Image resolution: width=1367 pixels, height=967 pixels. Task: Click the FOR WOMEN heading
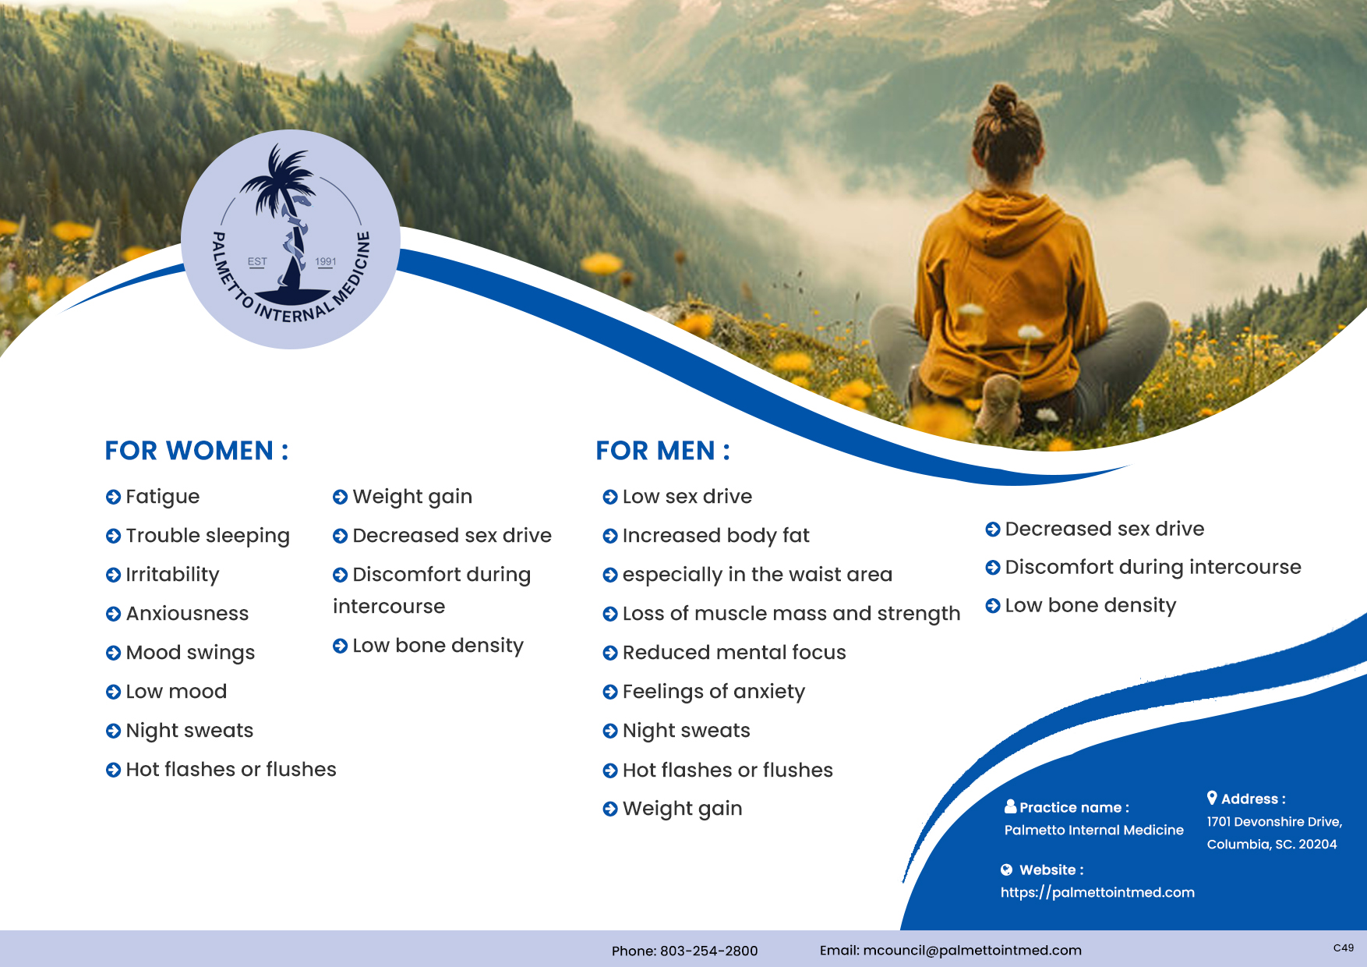pyautogui.click(x=196, y=451)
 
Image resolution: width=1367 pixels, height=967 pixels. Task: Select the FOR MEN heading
pyautogui.click(x=662, y=451)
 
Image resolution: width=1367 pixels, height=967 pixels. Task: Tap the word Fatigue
pyautogui.click(x=163, y=497)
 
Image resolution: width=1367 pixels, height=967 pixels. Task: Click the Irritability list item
pyautogui.click(x=172, y=575)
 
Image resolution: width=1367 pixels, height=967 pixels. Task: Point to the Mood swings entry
pyautogui.click(x=190, y=653)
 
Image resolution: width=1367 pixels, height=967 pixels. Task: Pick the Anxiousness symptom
pyautogui.click(x=187, y=614)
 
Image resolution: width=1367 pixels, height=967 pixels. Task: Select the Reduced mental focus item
pyautogui.click(x=734, y=653)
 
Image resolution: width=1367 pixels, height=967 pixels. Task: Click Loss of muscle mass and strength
pyautogui.click(x=791, y=614)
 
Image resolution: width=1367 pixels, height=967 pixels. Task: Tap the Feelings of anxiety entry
pyautogui.click(x=714, y=692)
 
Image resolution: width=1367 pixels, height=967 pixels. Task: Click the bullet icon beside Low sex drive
pyautogui.click(x=610, y=497)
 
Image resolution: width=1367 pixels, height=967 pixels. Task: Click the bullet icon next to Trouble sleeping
pyautogui.click(x=113, y=536)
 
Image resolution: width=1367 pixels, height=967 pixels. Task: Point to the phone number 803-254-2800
pyautogui.click(x=708, y=951)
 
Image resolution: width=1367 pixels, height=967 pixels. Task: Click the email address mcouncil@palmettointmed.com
pyautogui.click(x=972, y=950)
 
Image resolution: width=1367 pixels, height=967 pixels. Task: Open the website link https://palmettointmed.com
pyautogui.click(x=1097, y=892)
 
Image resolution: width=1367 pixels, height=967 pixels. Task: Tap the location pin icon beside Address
pyautogui.click(x=1212, y=798)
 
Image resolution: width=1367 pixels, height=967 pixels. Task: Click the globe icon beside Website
pyautogui.click(x=1007, y=870)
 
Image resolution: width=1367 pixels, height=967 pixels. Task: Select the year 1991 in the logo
pyautogui.click(x=326, y=262)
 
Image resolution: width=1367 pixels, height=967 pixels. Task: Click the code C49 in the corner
pyautogui.click(x=1343, y=948)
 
